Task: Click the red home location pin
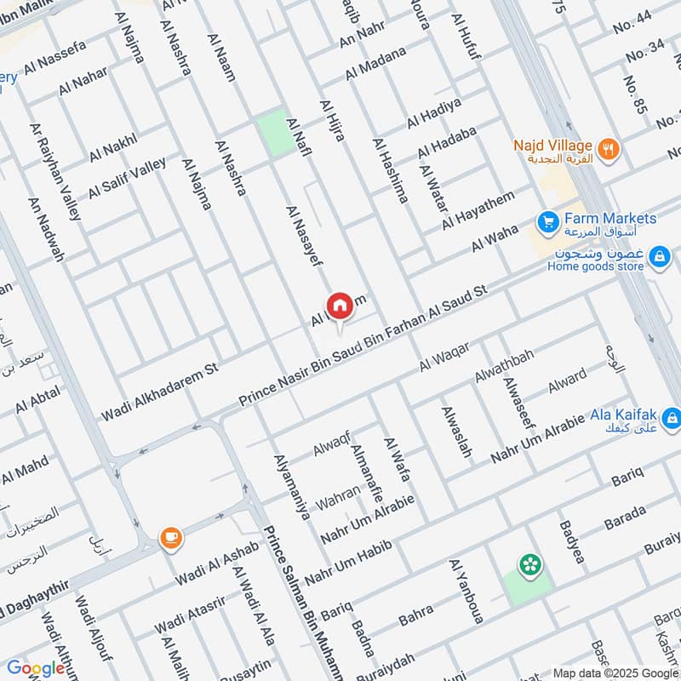339,306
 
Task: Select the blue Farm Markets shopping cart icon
547,220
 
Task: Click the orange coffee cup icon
170,537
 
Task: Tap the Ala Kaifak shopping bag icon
672,418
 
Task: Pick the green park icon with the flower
530,564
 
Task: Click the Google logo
36,668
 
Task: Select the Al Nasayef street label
304,237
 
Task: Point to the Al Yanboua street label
466,592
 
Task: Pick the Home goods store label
596,265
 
